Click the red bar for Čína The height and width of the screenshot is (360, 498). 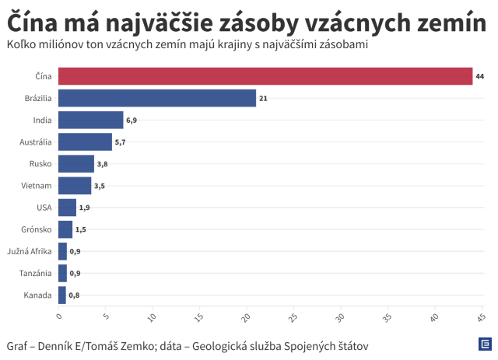[265, 75]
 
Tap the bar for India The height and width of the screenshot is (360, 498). [90, 120]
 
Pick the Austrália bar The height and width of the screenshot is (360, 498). [85, 142]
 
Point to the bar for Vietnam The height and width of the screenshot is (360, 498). [75, 186]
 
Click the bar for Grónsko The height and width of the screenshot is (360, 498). [65, 229]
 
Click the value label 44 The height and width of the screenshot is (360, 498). [480, 76]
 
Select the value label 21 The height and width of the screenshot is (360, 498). [264, 98]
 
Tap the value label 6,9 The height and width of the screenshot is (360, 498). [132, 121]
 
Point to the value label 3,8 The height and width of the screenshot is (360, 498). [102, 164]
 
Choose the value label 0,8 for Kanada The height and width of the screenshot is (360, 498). [74, 295]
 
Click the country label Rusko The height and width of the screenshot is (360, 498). [40, 164]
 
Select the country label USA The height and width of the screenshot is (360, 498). [44, 208]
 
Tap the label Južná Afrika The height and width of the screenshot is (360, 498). [30, 251]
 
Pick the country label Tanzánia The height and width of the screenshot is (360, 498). [35, 273]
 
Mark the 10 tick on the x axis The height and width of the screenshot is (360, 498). [153, 317]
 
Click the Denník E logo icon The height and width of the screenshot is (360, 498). [483, 344]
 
